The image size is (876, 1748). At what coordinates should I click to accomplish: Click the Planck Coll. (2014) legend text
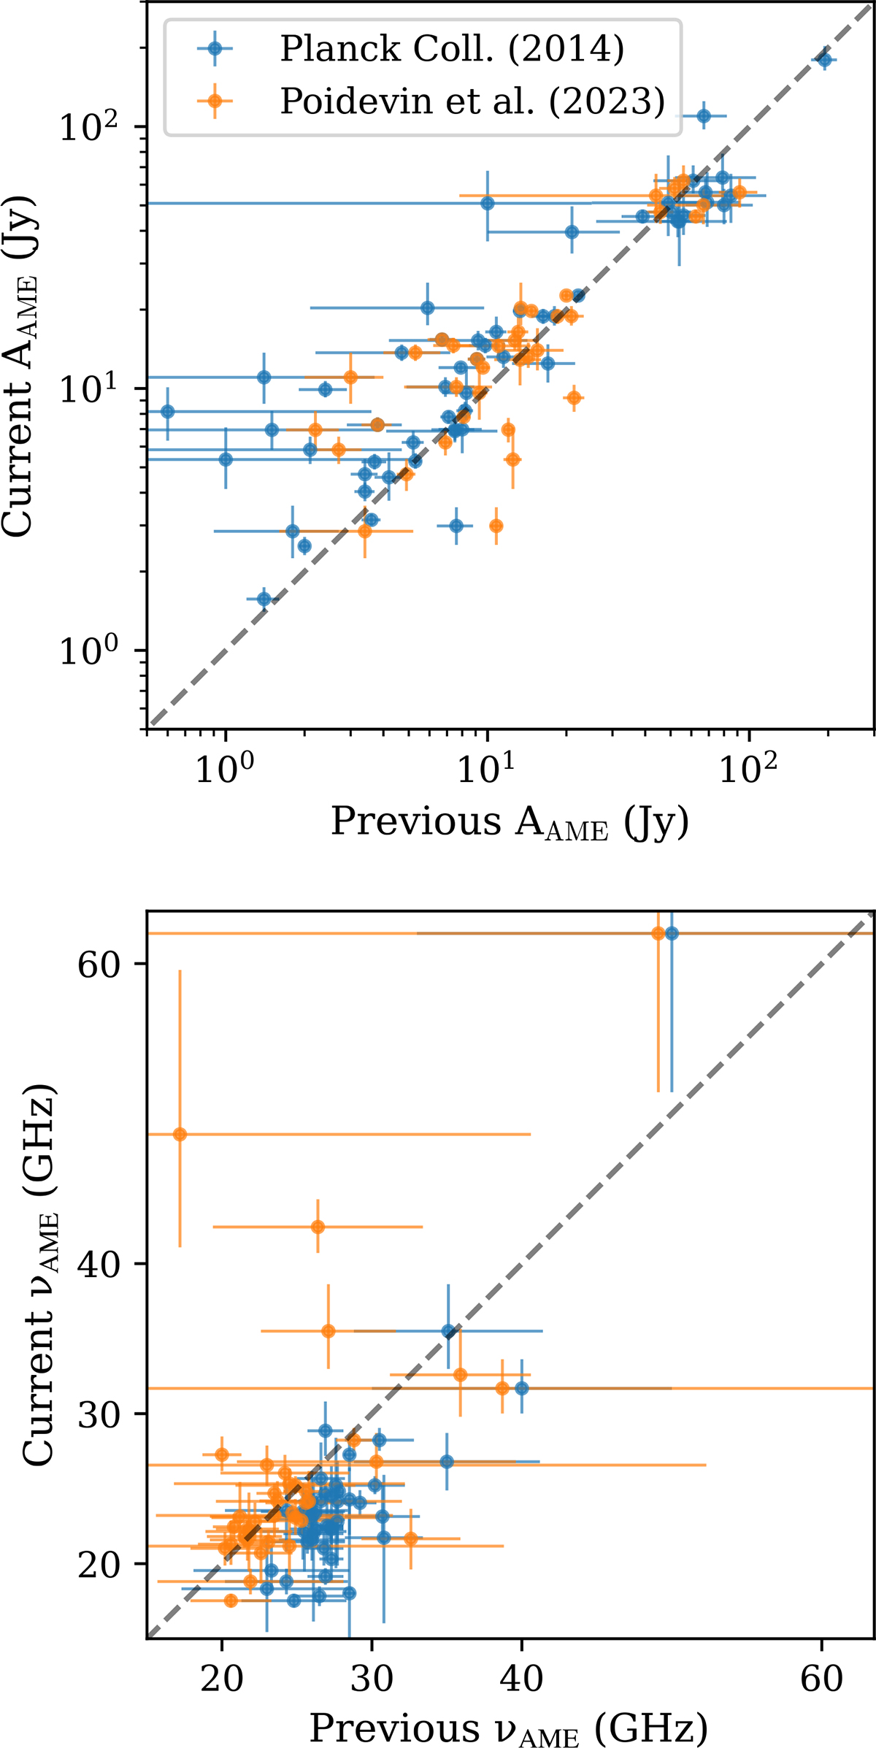click(x=452, y=49)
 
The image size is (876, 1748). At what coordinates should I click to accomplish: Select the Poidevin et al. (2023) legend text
click(x=472, y=101)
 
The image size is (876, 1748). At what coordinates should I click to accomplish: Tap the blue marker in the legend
click(x=215, y=48)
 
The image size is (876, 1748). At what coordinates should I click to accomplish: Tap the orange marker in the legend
click(x=215, y=101)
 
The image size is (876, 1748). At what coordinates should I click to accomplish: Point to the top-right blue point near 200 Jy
click(x=825, y=60)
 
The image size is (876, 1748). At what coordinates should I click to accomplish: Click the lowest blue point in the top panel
click(x=264, y=599)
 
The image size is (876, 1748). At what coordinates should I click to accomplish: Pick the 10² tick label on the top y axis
click(x=88, y=127)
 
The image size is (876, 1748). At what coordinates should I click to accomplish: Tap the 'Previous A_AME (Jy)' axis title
click(x=510, y=823)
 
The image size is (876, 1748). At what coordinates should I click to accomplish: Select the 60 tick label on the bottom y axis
click(x=99, y=965)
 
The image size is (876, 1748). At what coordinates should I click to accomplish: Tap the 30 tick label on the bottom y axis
click(x=99, y=1414)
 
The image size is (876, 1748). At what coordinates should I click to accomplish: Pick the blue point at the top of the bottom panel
click(x=672, y=933)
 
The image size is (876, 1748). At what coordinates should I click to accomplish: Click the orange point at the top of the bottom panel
click(x=658, y=933)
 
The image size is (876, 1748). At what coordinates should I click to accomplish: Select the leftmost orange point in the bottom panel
click(x=180, y=1134)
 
